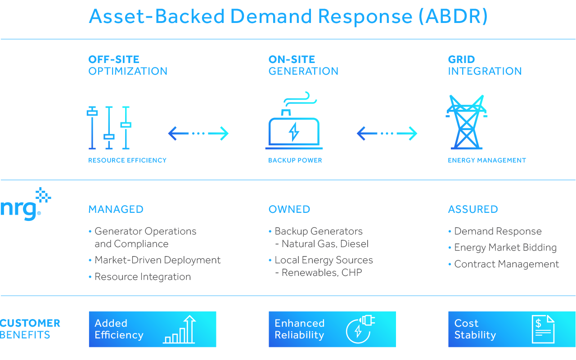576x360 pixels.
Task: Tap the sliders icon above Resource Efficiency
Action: point(109,127)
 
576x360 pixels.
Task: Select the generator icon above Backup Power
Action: point(294,120)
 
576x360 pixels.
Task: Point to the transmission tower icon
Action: point(467,122)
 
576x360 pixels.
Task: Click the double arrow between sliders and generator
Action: point(198,134)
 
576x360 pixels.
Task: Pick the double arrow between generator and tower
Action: point(387,134)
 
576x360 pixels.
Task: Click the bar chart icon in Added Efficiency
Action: point(179,329)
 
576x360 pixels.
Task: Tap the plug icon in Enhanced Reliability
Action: point(360,329)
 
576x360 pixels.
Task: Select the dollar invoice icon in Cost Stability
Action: point(543,329)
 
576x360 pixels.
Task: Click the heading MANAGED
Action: point(116,209)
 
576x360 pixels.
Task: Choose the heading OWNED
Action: point(289,209)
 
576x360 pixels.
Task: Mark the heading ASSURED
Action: point(473,209)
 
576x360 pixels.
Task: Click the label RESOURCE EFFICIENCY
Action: point(127,160)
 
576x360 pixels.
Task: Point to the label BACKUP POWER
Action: point(295,160)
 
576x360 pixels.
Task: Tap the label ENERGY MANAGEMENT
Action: point(487,160)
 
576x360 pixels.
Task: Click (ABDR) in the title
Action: point(453,17)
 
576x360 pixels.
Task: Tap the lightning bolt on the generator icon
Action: point(294,132)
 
